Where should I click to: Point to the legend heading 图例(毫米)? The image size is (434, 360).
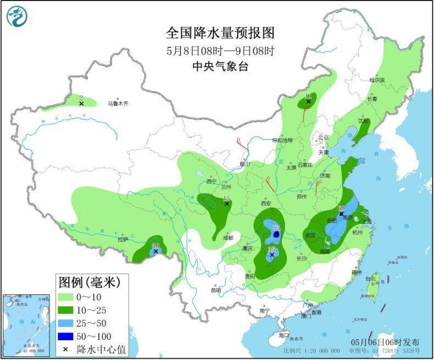pos(88,283)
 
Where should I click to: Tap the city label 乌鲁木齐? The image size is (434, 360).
pos(117,103)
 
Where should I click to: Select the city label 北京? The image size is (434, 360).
pos(322,137)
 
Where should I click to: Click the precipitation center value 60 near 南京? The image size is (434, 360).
pos(341,208)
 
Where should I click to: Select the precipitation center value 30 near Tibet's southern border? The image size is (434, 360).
pos(155,245)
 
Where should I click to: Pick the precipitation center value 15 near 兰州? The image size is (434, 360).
pos(226,198)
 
